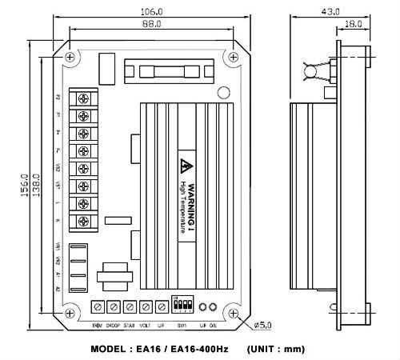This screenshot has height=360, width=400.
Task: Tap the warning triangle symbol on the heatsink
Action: pyautogui.click(x=185, y=167)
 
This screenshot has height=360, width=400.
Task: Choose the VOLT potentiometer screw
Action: pyautogui.click(x=146, y=306)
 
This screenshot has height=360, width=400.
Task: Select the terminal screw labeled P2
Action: pyautogui.click(x=82, y=98)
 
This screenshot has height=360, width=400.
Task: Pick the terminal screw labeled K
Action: pyautogui.click(x=82, y=221)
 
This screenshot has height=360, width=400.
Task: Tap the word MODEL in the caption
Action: pyautogui.click(x=114, y=349)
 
